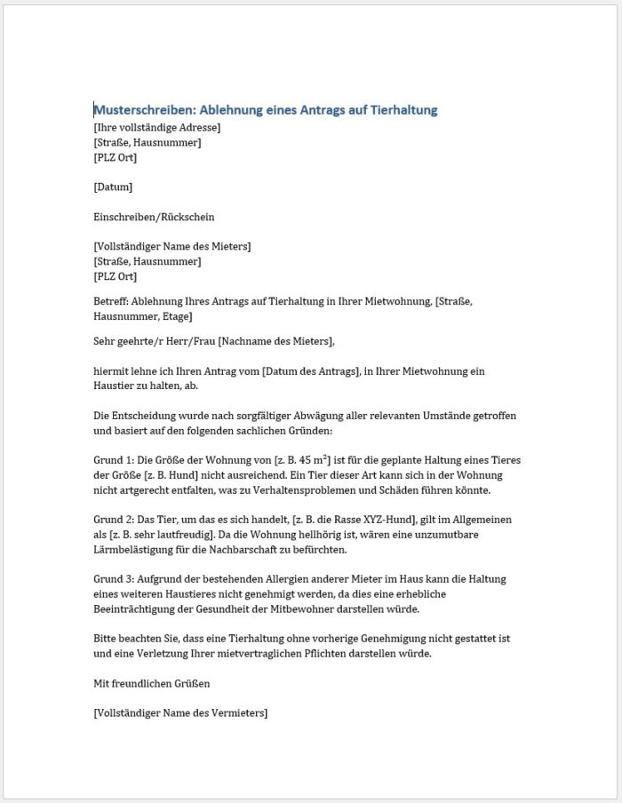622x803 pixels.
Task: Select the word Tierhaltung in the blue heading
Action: click(403, 110)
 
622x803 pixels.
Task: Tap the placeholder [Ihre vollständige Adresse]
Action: click(156, 128)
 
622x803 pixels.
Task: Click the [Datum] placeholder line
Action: click(113, 187)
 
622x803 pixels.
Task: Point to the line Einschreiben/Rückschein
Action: click(154, 217)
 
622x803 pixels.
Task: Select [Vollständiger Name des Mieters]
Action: click(171, 246)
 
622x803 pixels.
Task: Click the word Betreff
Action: click(110, 301)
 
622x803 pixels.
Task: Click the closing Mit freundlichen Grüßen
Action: click(151, 683)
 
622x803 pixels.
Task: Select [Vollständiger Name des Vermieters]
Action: click(179, 712)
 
